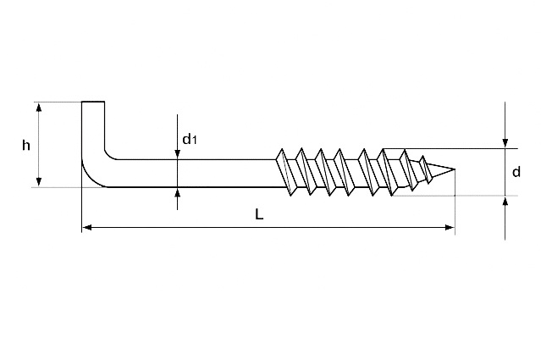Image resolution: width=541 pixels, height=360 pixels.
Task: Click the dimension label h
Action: [x=26, y=146]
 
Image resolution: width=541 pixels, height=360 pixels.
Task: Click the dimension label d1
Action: [x=190, y=139]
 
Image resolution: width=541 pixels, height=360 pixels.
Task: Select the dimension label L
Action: [x=259, y=214]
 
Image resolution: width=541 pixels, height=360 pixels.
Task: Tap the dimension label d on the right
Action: [x=516, y=172]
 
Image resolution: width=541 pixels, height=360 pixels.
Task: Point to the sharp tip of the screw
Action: [x=455, y=169]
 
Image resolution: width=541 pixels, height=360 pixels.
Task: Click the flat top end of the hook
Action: [x=93, y=102]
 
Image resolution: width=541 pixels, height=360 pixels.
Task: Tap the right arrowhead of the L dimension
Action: [x=450, y=227]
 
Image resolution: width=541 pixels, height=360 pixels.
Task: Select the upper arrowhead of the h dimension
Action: [x=39, y=108]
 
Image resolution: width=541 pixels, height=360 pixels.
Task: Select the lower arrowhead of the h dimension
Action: [x=39, y=182]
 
